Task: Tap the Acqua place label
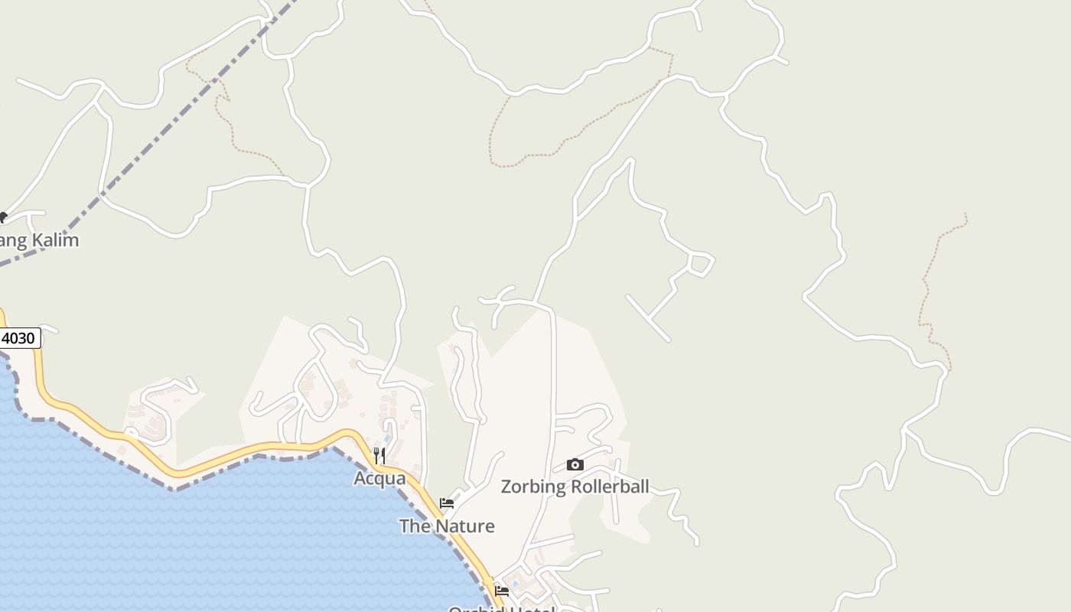pyautogui.click(x=379, y=478)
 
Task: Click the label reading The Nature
pyautogui.click(x=447, y=526)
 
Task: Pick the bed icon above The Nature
pyautogui.click(x=447, y=503)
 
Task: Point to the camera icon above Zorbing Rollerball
pyautogui.click(x=575, y=464)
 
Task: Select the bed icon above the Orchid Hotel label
pyautogui.click(x=502, y=591)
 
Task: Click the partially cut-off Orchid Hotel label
pyautogui.click(x=501, y=608)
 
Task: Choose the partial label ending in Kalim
pyautogui.click(x=38, y=240)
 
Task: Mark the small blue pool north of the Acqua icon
pyautogui.click(x=386, y=438)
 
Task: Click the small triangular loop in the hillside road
pyautogui.click(x=699, y=263)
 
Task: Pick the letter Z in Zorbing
pyautogui.click(x=506, y=487)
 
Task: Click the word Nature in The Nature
pyautogui.click(x=469, y=526)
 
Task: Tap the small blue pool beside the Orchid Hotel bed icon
pyautogui.click(x=514, y=584)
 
